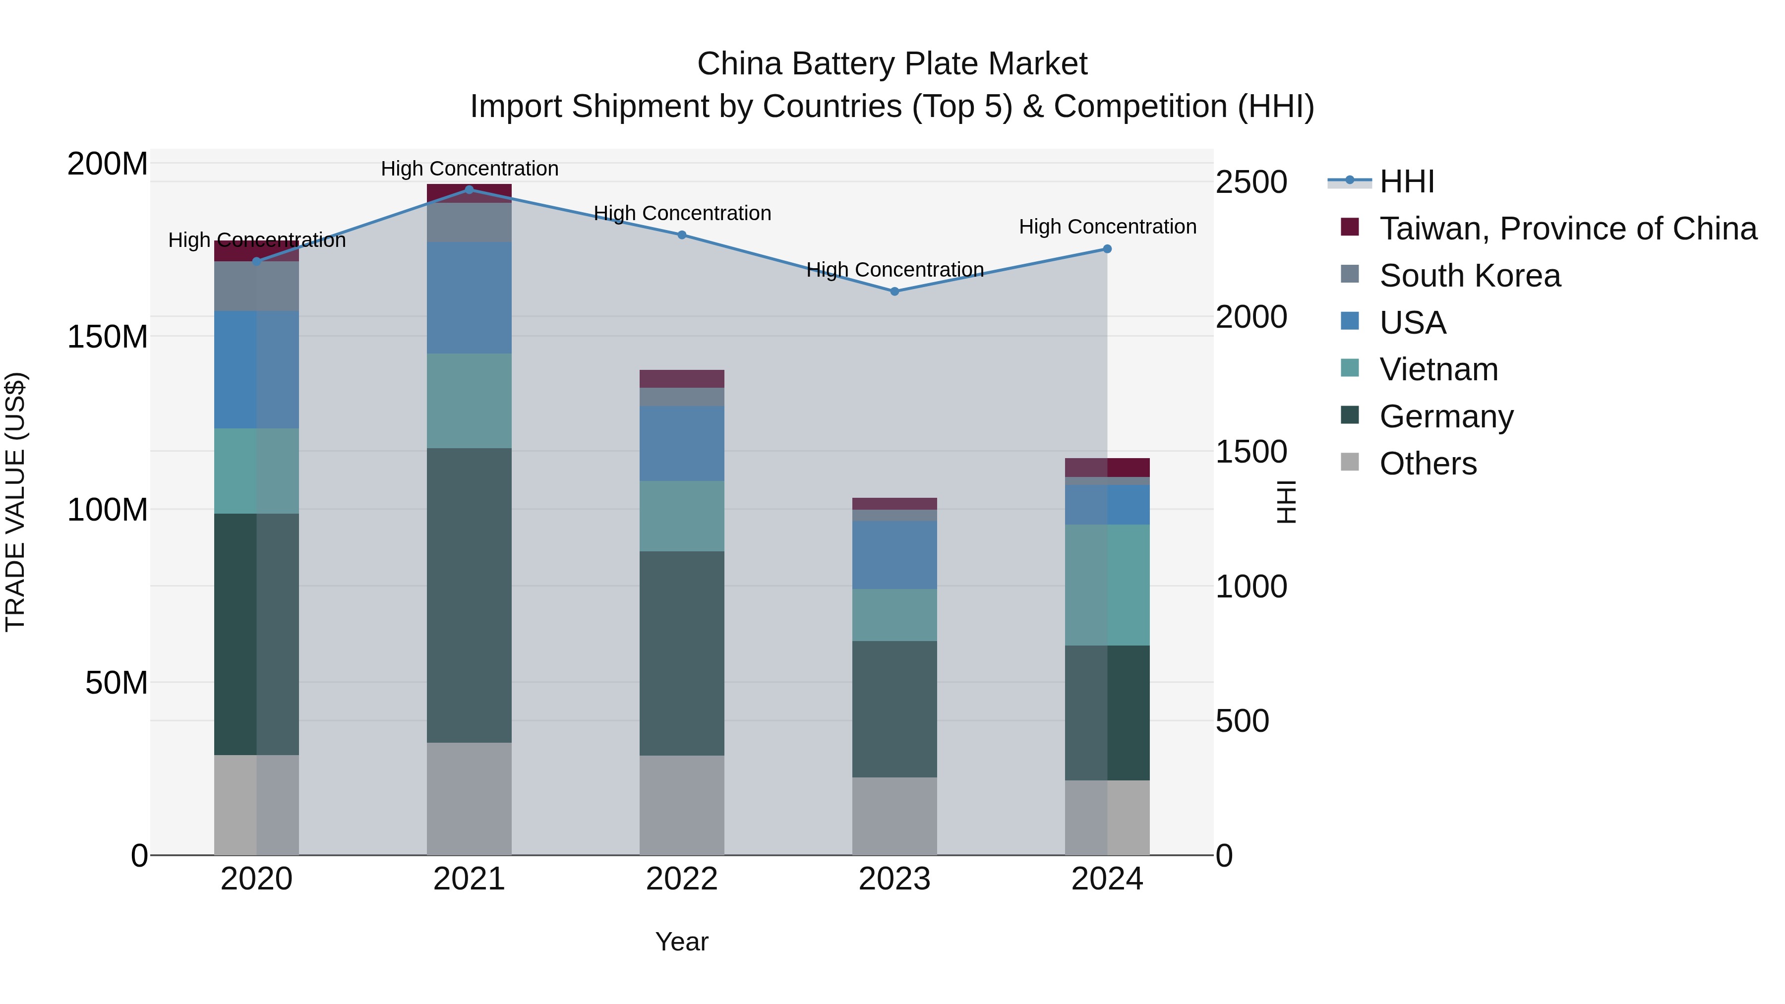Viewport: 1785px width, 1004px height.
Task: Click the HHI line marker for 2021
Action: pos(469,190)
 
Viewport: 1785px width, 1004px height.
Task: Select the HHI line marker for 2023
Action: pos(894,292)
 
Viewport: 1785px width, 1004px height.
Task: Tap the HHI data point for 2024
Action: pos(1107,249)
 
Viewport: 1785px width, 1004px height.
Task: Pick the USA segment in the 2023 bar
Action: pos(894,555)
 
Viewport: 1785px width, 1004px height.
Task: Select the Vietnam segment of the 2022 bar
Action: pos(681,516)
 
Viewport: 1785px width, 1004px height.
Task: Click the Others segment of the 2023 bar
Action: pos(894,816)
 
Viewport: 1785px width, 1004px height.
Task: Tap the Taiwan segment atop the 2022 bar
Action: pos(681,378)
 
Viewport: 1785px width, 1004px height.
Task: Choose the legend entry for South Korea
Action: pos(1469,276)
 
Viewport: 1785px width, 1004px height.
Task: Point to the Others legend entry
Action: pos(1428,464)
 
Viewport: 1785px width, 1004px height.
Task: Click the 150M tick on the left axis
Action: pos(108,337)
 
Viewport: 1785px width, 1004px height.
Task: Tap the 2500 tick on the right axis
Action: pos(1251,182)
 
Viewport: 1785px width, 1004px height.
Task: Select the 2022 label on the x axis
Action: pos(681,879)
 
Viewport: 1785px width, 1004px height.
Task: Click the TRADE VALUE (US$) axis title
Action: pos(15,502)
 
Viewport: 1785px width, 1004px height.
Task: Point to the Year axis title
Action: pos(681,942)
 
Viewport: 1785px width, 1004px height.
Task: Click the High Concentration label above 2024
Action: pos(1107,227)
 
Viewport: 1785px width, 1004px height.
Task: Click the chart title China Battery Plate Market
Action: pos(892,64)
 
